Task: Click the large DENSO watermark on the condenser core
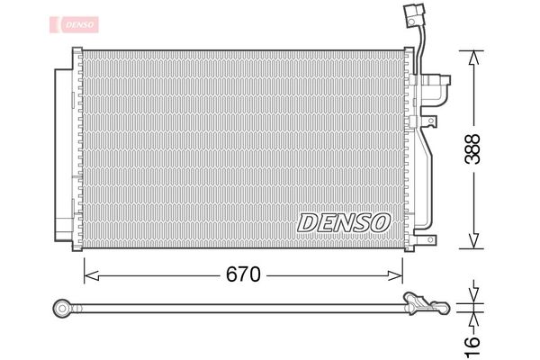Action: tap(343, 221)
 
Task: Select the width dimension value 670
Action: tap(242, 274)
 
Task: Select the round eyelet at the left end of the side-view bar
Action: tap(63, 308)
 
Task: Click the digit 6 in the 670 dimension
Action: tap(229, 274)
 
